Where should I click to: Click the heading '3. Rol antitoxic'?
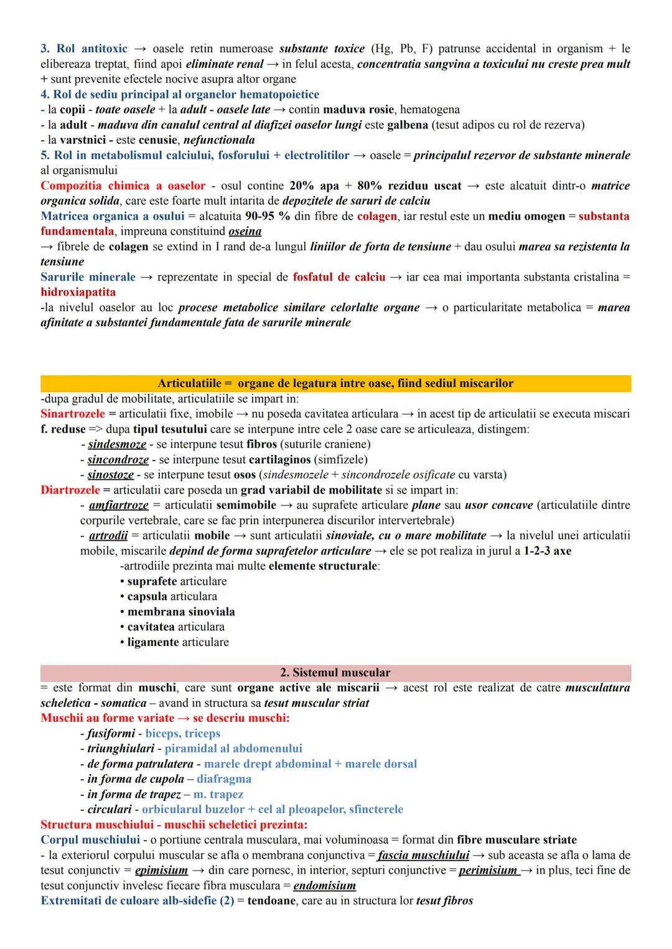pyautogui.click(x=84, y=49)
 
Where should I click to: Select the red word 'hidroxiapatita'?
pyautogui.click(x=78, y=292)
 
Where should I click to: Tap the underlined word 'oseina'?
pyautogui.click(x=245, y=231)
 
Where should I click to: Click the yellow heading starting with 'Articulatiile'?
pyautogui.click(x=335, y=383)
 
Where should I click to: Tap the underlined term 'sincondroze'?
pyautogui.click(x=118, y=460)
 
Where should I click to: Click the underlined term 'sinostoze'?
pyautogui.click(x=110, y=475)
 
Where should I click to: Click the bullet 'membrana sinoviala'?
pyautogui.click(x=180, y=612)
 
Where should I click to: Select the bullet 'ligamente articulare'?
pyautogui.click(x=177, y=642)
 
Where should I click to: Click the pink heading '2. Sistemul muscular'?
pyautogui.click(x=335, y=673)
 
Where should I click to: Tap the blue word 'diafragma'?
pyautogui.click(x=224, y=779)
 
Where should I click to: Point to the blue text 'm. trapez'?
pyautogui.click(x=218, y=795)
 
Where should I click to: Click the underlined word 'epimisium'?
pyautogui.click(x=161, y=871)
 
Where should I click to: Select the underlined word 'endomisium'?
pyautogui.click(x=324, y=886)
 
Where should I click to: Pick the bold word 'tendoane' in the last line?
pyautogui.click(x=271, y=901)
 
